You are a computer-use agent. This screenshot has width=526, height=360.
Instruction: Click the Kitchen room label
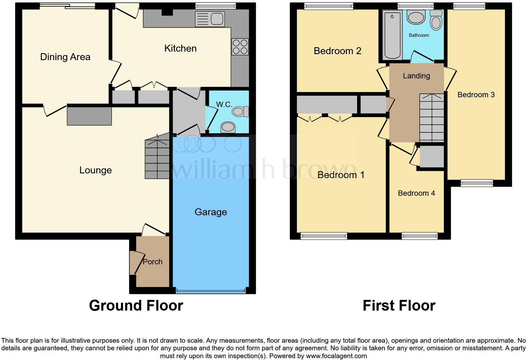pos(180,48)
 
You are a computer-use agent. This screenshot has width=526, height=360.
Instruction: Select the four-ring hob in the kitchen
pos(240,47)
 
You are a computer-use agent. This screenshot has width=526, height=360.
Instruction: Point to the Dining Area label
pos(65,57)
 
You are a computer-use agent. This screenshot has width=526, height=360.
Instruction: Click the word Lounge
pos(95,170)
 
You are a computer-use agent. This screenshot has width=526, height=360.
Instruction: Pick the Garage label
pos(210,212)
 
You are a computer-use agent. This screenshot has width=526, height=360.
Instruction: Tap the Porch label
pos(153,262)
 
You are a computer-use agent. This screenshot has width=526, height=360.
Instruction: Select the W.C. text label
pos(224,104)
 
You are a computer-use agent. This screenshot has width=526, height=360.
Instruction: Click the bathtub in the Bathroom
pos(392,35)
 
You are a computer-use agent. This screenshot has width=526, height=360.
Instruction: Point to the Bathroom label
pos(419,35)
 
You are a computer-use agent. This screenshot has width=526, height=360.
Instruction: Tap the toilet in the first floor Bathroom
pos(436,20)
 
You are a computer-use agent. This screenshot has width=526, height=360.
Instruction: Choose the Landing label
pos(416,76)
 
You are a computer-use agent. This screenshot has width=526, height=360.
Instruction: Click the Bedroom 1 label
pos(341,175)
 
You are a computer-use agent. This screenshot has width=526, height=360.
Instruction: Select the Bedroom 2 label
pos(337,51)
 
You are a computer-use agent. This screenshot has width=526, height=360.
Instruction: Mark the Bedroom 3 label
pos(476,95)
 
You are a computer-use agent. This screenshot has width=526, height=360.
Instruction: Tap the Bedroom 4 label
pos(416,193)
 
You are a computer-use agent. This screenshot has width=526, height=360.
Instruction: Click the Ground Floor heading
pos(136,306)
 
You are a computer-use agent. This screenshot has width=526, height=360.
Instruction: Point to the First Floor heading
pos(399,306)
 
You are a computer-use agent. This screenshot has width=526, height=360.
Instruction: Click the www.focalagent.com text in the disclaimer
pos(337,356)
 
